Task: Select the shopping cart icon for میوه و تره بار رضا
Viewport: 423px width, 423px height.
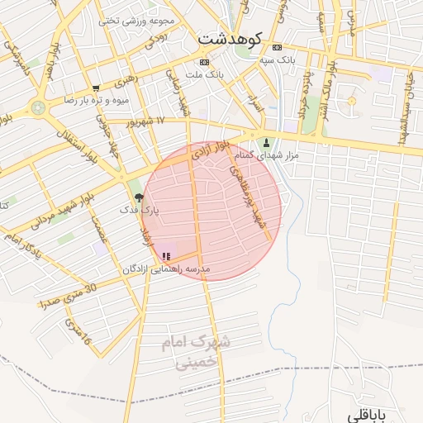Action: point(97,88)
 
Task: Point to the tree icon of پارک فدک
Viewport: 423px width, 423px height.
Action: point(139,197)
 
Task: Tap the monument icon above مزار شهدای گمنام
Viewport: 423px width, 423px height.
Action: point(266,142)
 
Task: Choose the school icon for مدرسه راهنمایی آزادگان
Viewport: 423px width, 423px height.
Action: point(166,257)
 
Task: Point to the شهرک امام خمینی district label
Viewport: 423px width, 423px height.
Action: point(197,350)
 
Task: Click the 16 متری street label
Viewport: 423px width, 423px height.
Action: point(76,333)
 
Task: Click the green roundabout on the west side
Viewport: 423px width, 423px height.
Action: point(37,107)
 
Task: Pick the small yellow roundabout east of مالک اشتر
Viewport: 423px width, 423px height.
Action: point(351,101)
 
